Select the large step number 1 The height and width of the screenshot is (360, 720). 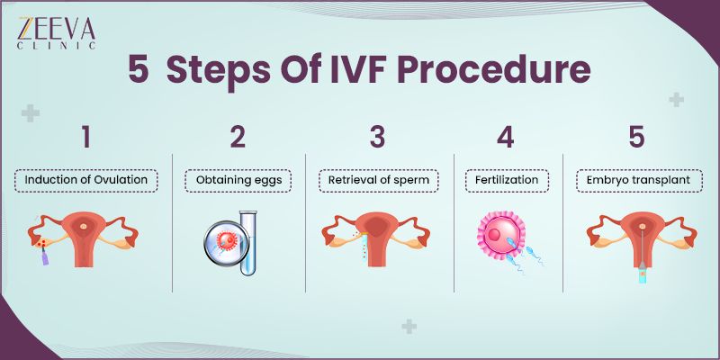pyautogui.click(x=85, y=138)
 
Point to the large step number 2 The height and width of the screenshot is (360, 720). pyautogui.click(x=238, y=138)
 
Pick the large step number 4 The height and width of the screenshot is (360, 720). pyautogui.click(x=506, y=138)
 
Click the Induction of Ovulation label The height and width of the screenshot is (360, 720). pyautogui.click(x=85, y=180)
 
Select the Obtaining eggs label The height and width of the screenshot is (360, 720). pyautogui.click(x=238, y=180)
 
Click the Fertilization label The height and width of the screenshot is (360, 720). pyautogui.click(x=506, y=180)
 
